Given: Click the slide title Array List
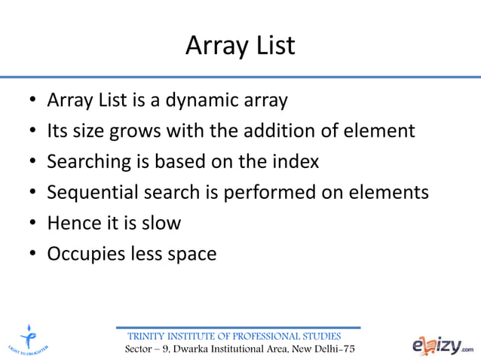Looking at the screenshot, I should [x=240, y=47].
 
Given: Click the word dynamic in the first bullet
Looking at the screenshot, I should [x=213, y=100].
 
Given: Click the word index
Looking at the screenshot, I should [x=294, y=162].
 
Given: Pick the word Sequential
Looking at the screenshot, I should [x=91, y=193].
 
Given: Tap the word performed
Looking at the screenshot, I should [x=267, y=193].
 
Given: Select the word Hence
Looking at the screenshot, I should [x=72, y=224].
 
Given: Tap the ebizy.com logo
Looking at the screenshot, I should [x=443, y=345].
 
